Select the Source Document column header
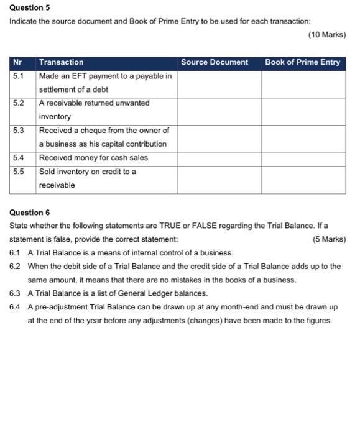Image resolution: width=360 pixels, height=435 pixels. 215,62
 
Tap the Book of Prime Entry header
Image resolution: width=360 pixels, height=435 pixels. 303,62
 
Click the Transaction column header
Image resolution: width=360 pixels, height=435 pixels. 61,62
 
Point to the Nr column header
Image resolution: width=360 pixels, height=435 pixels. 17,62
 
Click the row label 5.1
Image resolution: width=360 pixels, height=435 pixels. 19,76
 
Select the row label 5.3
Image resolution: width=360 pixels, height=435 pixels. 19,130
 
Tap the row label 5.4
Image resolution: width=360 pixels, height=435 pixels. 19,158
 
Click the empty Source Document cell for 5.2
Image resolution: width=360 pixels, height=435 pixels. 219,110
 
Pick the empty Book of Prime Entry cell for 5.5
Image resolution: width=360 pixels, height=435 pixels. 303,178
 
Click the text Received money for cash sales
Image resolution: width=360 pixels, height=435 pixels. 93,158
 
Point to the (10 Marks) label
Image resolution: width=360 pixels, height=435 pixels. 327,35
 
